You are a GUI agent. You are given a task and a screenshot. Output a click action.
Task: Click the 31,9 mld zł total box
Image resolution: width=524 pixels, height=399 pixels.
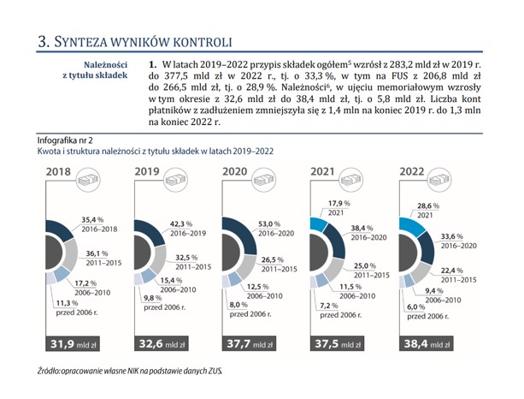[x=73, y=343]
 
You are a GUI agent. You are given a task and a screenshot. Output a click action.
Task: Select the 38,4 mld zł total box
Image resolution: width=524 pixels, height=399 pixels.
[x=426, y=343]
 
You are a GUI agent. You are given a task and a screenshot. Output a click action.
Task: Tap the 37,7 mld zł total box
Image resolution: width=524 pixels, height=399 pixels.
[x=249, y=343]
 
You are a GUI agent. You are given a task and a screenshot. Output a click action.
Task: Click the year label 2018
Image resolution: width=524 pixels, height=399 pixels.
[x=58, y=172]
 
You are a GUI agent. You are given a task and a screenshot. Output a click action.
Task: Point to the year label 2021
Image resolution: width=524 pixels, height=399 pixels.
[x=322, y=171]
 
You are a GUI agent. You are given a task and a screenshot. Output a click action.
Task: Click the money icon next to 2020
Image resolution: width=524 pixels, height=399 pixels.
[x=263, y=180]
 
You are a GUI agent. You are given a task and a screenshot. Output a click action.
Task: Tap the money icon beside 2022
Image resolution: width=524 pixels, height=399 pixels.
[x=441, y=180]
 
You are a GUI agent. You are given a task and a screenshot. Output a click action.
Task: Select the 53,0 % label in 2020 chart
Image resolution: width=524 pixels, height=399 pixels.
[x=269, y=224]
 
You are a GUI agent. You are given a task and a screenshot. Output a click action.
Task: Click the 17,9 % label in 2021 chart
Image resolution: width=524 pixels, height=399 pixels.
[x=339, y=203]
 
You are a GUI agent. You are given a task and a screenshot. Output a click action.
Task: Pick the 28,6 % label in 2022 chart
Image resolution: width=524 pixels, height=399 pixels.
[x=428, y=205]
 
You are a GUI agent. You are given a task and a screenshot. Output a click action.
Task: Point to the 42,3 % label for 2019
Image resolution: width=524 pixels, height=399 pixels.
[x=181, y=224]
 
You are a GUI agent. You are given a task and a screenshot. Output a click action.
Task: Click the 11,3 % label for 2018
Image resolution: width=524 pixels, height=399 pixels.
[x=67, y=303]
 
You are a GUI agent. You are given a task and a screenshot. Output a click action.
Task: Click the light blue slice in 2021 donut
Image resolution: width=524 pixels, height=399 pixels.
[x=319, y=223]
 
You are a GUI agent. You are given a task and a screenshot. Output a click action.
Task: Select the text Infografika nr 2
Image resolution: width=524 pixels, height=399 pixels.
[x=65, y=140]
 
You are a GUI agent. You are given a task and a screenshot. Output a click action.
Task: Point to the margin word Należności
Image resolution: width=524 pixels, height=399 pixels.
[x=106, y=64]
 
